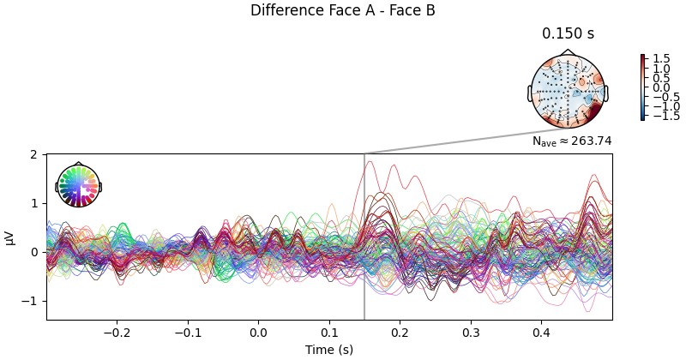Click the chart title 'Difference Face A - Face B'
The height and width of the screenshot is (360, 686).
pos(342,10)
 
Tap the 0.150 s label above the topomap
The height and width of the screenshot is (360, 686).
pos(568,34)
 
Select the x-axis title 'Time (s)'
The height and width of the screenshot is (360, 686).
pos(328,350)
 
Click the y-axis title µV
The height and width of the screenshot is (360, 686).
pos(10,237)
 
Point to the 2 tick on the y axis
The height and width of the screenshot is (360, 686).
pos(33,154)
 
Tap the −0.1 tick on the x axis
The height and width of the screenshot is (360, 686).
pos(187,332)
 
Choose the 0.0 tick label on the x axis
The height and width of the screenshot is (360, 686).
pos(257,332)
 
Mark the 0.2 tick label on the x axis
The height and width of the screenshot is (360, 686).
pos(400,332)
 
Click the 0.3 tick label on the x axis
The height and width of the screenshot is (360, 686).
pos(470,332)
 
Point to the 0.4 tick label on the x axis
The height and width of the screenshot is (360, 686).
pos(541,332)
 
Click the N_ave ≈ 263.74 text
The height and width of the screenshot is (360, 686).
pos(571,141)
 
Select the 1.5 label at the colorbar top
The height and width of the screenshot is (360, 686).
pos(660,59)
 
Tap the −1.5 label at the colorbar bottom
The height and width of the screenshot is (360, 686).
pos(664,116)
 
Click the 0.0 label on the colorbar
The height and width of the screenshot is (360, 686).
pos(660,87)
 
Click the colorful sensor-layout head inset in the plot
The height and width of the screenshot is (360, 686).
pos(78,186)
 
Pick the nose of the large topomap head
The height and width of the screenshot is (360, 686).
pos(568,53)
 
